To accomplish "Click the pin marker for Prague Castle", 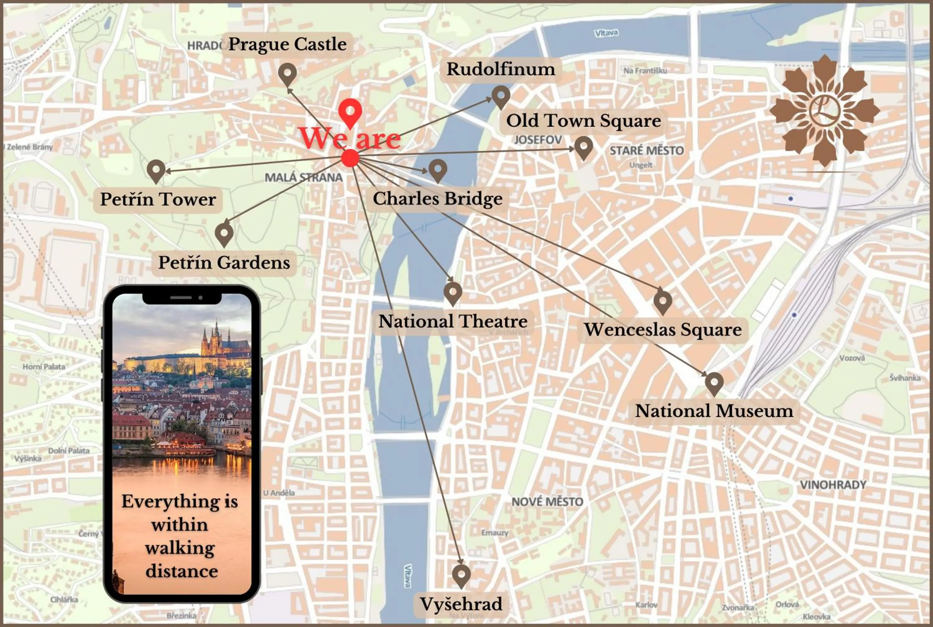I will (x=287, y=73).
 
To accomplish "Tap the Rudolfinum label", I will (x=501, y=69).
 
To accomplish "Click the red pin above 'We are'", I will (x=350, y=111).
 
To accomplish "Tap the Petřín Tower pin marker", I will (x=156, y=170).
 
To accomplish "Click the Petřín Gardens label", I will (x=224, y=263).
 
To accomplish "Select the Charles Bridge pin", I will (x=438, y=170).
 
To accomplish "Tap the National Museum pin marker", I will (x=714, y=383).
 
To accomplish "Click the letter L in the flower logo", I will (x=824, y=110).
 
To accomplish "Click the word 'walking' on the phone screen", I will (x=180, y=548).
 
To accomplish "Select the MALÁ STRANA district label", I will (x=304, y=177).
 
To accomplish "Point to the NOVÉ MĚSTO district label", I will (x=547, y=502).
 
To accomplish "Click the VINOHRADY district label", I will (x=833, y=485).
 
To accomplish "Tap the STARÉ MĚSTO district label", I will (x=647, y=151).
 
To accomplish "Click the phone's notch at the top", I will (x=182, y=298).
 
